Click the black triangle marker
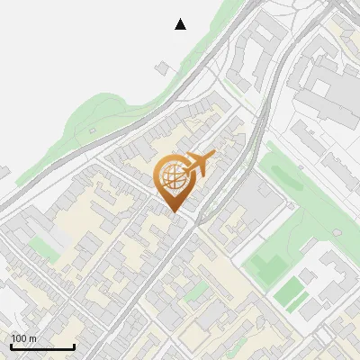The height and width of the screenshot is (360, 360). (181, 24)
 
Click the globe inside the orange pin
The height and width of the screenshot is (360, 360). (172, 176)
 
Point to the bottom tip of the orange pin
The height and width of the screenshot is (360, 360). (174, 212)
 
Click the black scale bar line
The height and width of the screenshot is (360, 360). (42, 346)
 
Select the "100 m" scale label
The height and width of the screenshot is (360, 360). (24, 338)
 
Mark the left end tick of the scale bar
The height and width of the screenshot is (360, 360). (11, 345)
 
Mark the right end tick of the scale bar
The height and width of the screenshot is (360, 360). (74, 345)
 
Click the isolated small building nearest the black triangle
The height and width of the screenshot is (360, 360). (163, 67)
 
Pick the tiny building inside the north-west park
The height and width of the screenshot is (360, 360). (93, 131)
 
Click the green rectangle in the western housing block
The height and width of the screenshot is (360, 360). (40, 244)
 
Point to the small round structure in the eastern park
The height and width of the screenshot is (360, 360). (336, 231)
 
